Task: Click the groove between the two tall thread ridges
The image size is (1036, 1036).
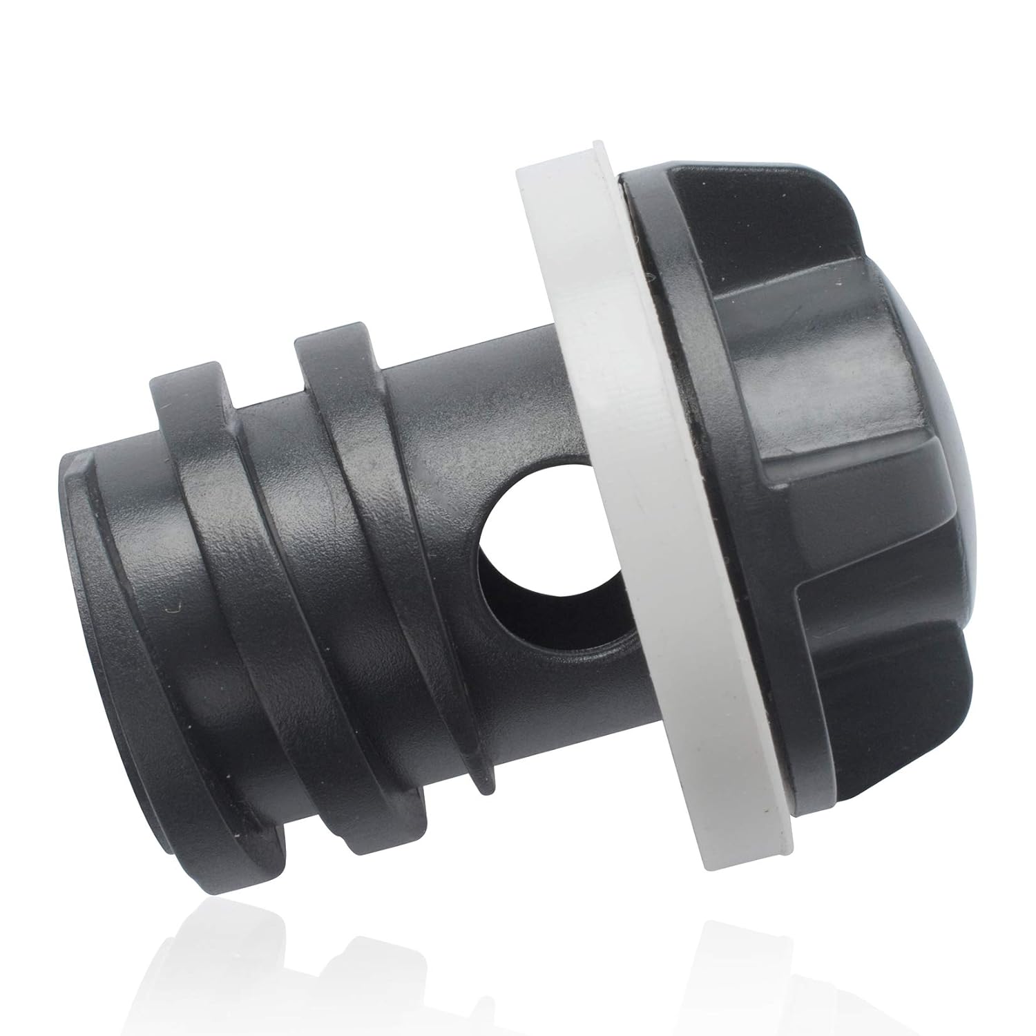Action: [290, 483]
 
